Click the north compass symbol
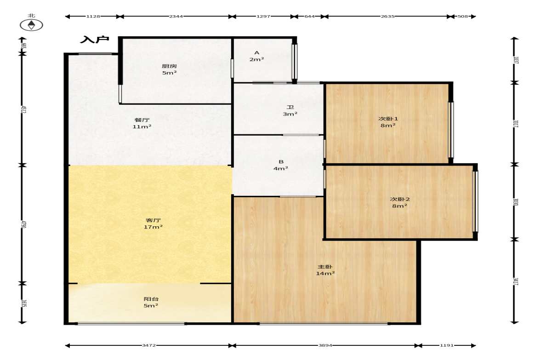pyautogui.click(x=31, y=25)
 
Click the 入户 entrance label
pyautogui.click(x=95, y=40)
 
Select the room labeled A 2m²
pyautogui.click(x=256, y=56)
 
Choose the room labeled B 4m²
pyautogui.click(x=281, y=165)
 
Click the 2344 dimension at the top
pyautogui.click(x=176, y=16)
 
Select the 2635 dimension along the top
pyautogui.click(x=387, y=16)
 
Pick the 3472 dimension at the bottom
pyautogui.click(x=149, y=345)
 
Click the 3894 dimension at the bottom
pyautogui.click(x=325, y=345)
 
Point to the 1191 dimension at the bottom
pyautogui.click(x=447, y=345)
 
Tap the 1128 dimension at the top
pyautogui.click(x=93, y=16)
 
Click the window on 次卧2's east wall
pyautogui.click(x=475, y=201)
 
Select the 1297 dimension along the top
pyautogui.click(x=263, y=16)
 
